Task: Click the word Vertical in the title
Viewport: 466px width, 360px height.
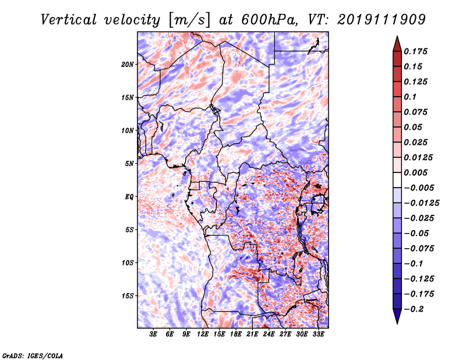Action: point(69,20)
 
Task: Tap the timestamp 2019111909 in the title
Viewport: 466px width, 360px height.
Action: point(382,20)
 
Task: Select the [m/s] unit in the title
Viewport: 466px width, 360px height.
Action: point(189,20)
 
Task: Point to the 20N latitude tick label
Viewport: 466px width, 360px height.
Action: point(128,65)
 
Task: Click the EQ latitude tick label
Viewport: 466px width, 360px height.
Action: point(129,197)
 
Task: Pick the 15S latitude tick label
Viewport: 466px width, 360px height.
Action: point(128,296)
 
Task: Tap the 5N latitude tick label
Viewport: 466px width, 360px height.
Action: point(129,164)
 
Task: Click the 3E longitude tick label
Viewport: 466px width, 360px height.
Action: point(153,334)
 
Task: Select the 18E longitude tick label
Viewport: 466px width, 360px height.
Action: point(236,334)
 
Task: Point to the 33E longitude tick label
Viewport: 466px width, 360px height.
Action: point(318,334)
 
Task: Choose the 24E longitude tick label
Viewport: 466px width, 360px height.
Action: point(269,334)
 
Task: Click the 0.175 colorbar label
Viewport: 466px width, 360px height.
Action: point(415,51)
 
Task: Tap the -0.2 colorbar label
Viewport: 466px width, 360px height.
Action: point(414,309)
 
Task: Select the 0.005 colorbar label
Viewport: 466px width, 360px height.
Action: point(415,172)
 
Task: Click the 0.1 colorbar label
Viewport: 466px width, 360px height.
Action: point(410,97)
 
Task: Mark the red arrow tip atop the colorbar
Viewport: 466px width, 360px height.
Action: point(397,37)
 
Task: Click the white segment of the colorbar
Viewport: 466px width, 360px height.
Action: point(397,180)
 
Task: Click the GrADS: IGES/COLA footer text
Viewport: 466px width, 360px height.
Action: point(33,355)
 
